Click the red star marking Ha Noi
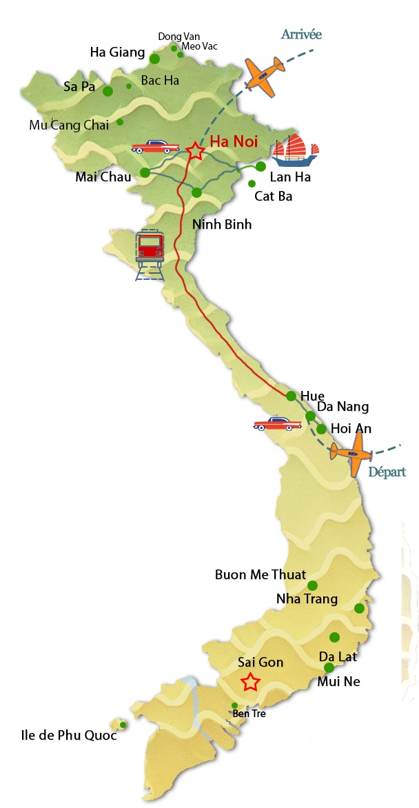[196, 151]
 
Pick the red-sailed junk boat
[296, 150]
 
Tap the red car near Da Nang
[277, 423]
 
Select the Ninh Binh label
[222, 225]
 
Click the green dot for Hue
[292, 396]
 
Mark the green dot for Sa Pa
[108, 91]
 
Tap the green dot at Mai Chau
[145, 173]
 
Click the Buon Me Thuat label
[260, 574]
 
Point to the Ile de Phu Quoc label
[68, 736]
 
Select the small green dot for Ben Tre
[235, 705]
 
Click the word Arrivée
[301, 34]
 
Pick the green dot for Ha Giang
[155, 59]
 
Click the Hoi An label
[351, 429]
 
